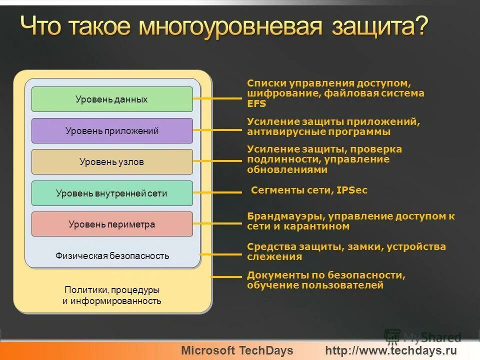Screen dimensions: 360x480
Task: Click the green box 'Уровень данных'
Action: pos(112,99)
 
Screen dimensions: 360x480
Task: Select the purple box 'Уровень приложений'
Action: pos(112,131)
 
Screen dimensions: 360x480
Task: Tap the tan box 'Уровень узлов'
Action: pos(112,162)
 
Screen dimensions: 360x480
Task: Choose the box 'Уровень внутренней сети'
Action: pos(112,193)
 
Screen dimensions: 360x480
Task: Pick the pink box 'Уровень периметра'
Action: pos(112,224)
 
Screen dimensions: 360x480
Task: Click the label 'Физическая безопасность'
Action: pos(112,256)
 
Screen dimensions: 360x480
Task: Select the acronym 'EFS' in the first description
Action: pos(256,104)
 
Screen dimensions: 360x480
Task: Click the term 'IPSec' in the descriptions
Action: pos(352,190)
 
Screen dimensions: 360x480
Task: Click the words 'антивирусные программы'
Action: pos(318,132)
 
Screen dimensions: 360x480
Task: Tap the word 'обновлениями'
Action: pos(287,169)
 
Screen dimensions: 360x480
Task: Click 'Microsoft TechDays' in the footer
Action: pos(237,350)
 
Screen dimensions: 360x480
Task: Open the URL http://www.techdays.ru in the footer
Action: pos(391,350)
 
